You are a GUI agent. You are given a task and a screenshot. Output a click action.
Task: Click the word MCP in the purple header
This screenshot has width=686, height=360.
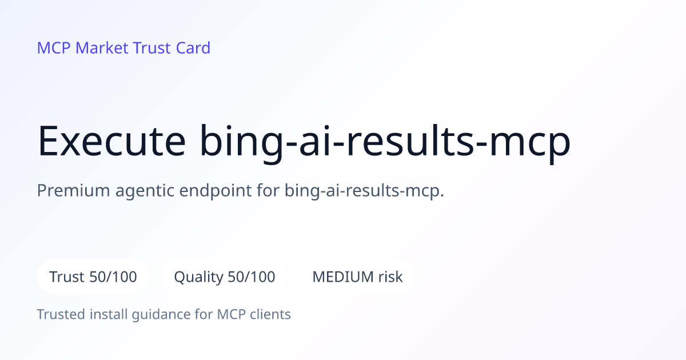click(54, 48)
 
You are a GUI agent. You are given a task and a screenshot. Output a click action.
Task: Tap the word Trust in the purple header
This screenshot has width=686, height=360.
click(151, 48)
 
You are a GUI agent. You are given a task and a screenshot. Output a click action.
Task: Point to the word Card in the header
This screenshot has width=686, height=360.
click(193, 48)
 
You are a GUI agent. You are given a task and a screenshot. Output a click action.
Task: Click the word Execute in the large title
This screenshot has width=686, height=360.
click(111, 141)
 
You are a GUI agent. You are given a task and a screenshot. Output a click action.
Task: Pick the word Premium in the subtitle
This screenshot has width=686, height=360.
click(74, 190)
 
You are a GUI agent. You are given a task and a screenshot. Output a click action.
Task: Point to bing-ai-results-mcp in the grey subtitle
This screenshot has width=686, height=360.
click(364, 191)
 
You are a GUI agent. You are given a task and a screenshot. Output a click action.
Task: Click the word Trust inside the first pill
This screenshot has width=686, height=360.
click(67, 277)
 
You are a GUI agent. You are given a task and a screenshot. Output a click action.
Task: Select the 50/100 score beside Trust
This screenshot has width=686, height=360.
click(113, 277)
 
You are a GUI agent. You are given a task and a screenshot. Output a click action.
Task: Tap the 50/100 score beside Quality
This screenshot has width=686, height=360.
click(252, 277)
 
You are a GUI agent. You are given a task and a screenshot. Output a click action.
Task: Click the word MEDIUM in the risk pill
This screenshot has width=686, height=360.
click(343, 277)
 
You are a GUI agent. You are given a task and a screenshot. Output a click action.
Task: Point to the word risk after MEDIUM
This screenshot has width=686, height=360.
click(390, 277)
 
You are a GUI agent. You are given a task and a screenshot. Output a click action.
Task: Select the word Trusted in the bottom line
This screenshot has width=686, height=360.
click(61, 314)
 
